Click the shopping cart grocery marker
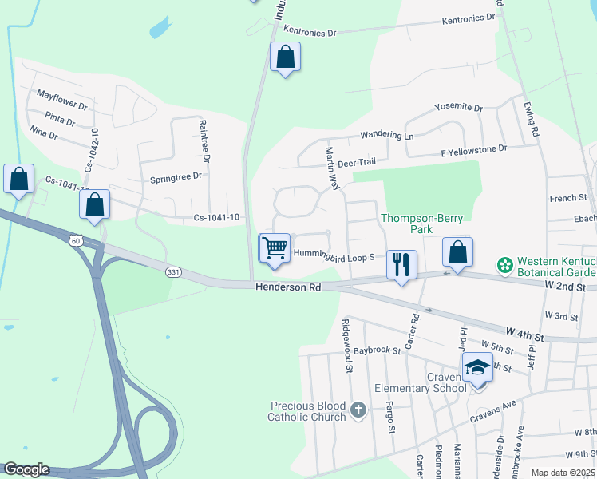coord(275,248)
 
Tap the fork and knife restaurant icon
coord(401,264)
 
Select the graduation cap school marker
coord(477,368)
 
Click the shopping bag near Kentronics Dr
coord(285,57)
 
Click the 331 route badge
coord(173,272)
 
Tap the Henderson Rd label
coord(287,287)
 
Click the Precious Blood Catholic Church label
coord(307,410)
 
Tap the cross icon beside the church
coord(358,410)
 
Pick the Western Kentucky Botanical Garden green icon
coord(504,263)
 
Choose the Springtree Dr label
coord(176,177)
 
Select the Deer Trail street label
coord(356,163)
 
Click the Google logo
coord(26,469)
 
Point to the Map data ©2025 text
coord(563,473)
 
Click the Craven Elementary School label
coord(421,382)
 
